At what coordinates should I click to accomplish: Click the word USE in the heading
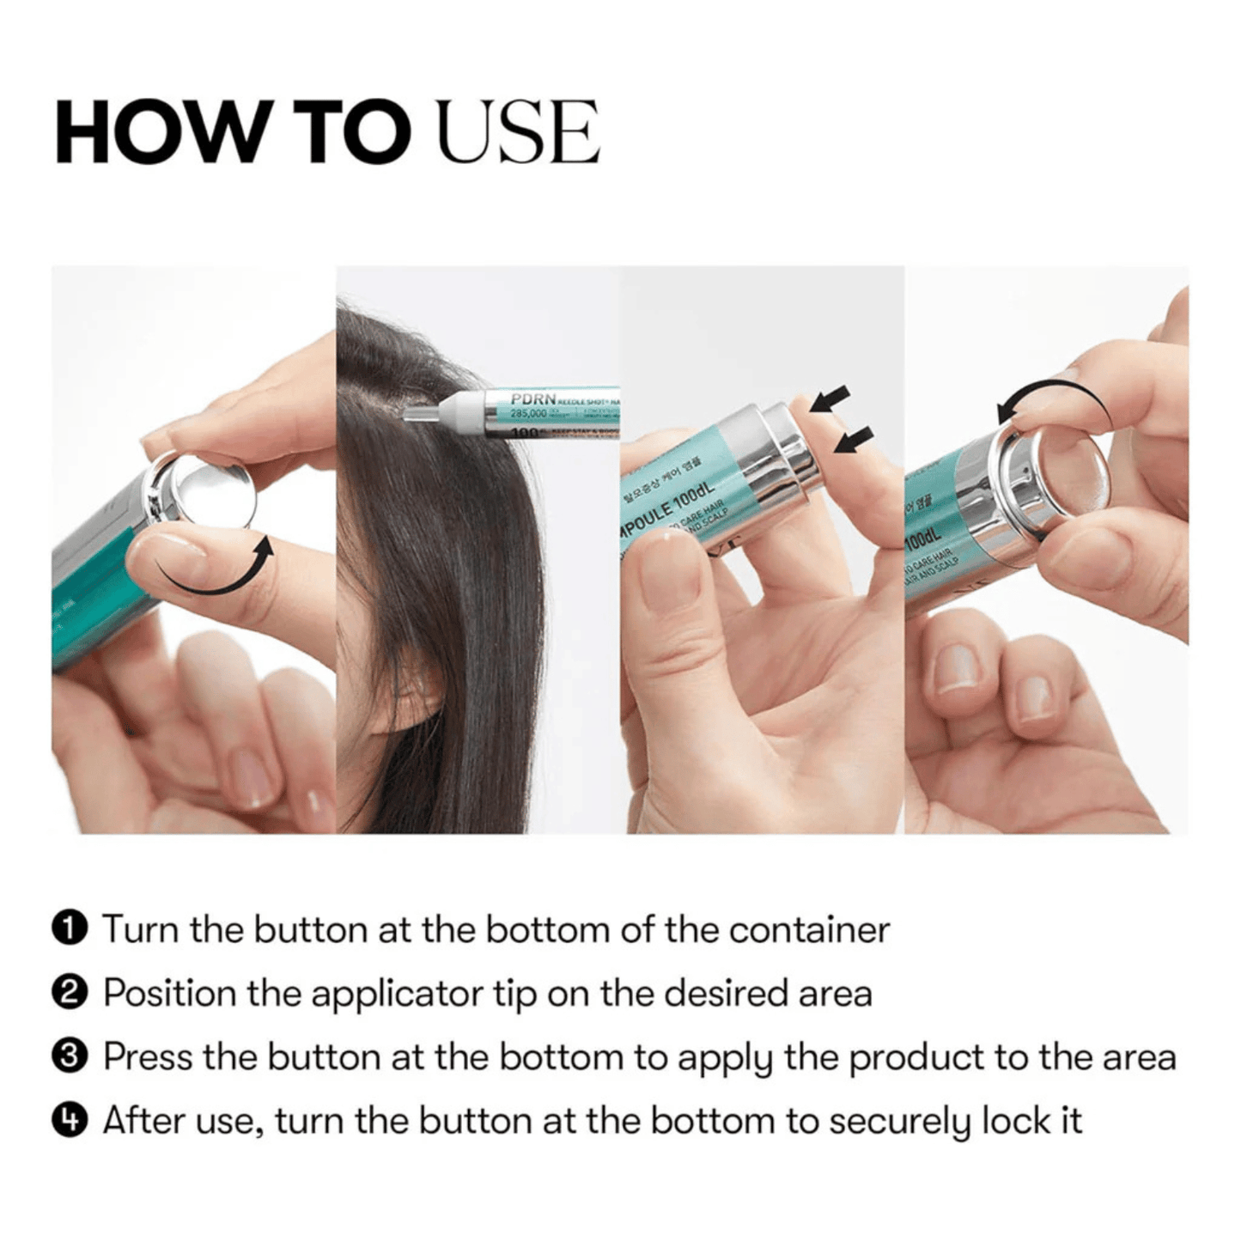point(518,133)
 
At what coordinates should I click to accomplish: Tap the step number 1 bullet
point(70,928)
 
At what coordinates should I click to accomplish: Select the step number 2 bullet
point(70,993)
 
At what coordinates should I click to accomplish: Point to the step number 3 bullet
point(70,1056)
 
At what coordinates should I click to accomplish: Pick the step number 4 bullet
point(70,1120)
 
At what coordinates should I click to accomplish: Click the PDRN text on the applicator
point(532,399)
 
